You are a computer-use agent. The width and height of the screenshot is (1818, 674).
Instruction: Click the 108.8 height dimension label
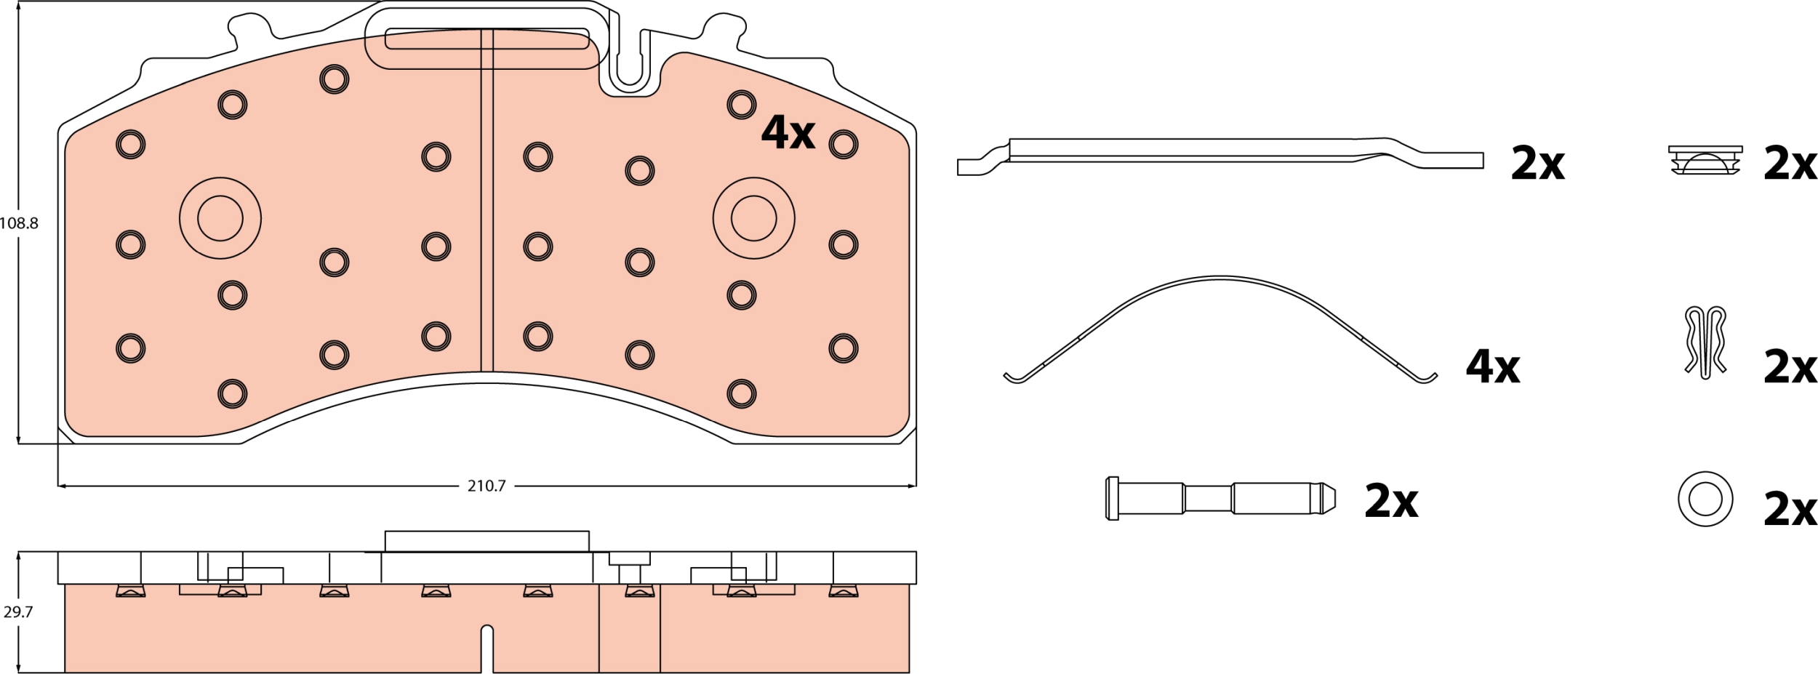pos(19,223)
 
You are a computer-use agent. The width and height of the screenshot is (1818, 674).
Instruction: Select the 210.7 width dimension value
pos(486,486)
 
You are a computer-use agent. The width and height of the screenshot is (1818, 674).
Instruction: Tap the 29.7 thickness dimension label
pos(17,612)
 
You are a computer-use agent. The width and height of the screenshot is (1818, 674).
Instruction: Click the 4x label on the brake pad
pos(788,132)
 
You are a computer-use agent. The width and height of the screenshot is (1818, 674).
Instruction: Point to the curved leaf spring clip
pos(1220,278)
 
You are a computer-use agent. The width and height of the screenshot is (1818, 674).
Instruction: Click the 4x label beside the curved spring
pos(1493,366)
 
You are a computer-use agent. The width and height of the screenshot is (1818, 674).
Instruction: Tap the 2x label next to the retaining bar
pos(1537,164)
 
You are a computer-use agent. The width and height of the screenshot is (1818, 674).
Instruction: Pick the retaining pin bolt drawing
pos(1220,498)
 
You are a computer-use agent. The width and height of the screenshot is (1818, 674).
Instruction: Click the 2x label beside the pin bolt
pos(1391,501)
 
